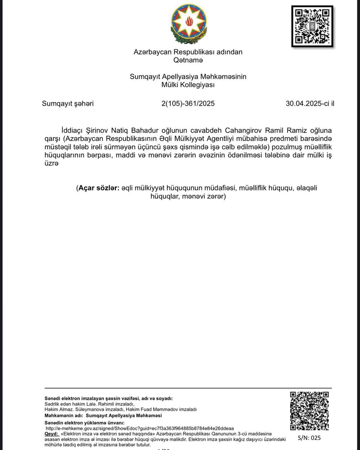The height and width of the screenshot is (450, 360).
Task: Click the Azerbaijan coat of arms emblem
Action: tap(189, 24)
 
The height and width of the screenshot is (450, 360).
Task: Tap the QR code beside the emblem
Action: tap(312, 26)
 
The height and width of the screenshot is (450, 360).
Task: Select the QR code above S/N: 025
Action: tap(310, 411)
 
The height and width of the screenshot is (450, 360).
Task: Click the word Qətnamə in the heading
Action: tap(188, 60)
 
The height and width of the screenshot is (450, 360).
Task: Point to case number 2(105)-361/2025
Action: tap(188, 104)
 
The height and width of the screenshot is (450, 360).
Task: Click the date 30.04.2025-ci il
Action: tap(310, 104)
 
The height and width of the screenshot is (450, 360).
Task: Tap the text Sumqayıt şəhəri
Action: tap(68, 104)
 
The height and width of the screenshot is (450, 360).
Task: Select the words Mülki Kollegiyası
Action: tap(188, 85)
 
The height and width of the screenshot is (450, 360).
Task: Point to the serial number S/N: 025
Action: tap(309, 438)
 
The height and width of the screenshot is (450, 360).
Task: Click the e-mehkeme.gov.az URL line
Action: tap(140, 429)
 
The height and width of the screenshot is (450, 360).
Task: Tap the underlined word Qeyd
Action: tap(51, 434)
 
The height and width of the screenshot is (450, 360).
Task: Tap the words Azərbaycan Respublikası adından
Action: tap(188, 52)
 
